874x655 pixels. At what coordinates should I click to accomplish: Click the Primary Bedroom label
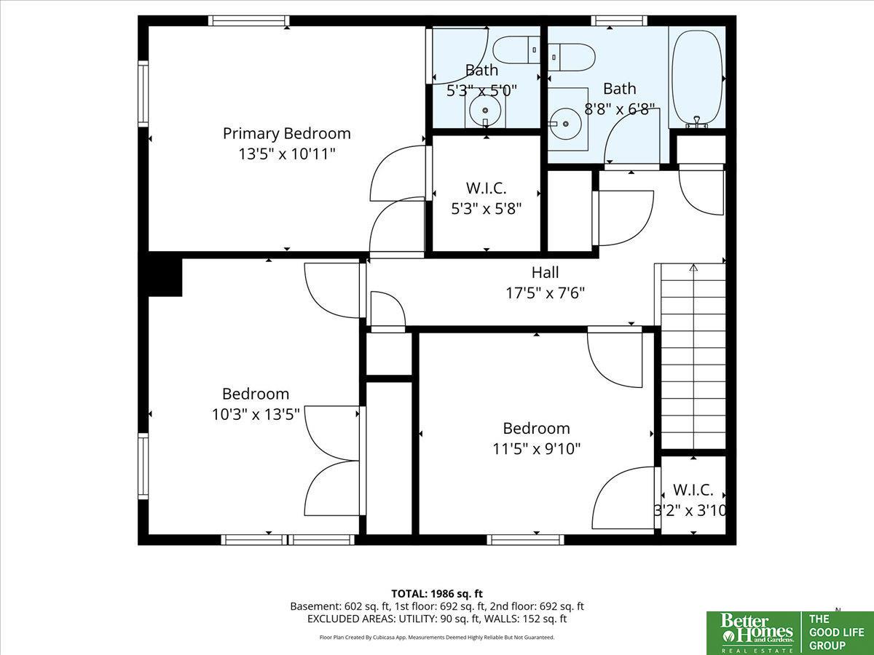tap(287, 134)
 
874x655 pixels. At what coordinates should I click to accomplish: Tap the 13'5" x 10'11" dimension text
tap(287, 154)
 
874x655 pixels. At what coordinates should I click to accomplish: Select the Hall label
tap(545, 272)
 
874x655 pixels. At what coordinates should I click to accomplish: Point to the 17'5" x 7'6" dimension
tap(545, 293)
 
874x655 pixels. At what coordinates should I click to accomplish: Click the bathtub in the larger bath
tap(697, 78)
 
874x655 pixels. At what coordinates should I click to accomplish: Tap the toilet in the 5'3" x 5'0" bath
tap(516, 49)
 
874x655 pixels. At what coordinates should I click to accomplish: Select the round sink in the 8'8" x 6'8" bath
tap(565, 124)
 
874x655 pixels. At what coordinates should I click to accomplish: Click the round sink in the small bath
tap(485, 111)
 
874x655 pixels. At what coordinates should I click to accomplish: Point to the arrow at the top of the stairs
tap(693, 267)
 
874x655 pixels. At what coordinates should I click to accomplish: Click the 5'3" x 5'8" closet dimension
tap(487, 208)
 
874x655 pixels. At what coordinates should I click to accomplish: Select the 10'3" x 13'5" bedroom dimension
tap(256, 414)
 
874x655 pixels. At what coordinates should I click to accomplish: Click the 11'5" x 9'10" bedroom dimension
tap(536, 449)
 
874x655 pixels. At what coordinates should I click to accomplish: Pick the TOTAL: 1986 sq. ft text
tap(437, 594)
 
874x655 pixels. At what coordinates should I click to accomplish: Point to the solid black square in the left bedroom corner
tap(165, 277)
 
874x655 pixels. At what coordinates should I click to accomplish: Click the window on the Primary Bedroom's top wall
tap(249, 20)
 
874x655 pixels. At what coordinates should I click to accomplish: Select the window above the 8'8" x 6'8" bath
tap(619, 20)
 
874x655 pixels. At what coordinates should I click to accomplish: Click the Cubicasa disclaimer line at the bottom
tap(437, 638)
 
